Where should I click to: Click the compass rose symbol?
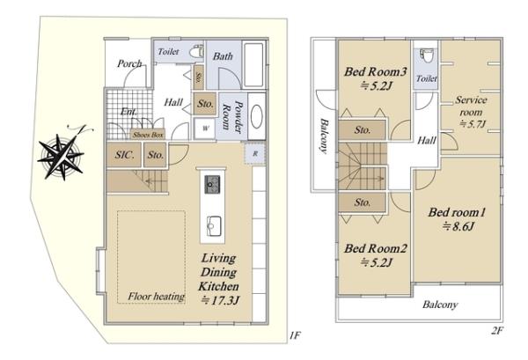click(62, 157)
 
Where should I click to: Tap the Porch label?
click(129, 63)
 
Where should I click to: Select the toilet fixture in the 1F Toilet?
click(196, 52)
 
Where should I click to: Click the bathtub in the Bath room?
click(253, 64)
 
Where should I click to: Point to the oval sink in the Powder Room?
click(257, 116)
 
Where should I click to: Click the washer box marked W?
click(205, 129)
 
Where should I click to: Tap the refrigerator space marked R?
click(255, 153)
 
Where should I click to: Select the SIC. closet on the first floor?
click(124, 155)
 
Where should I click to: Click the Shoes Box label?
click(148, 135)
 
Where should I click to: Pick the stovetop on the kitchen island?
click(212, 184)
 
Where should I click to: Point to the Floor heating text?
click(156, 297)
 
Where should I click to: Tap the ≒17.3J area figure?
click(220, 300)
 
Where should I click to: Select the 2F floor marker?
click(497, 331)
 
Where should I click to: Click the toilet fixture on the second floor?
click(428, 55)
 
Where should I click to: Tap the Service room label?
click(471, 106)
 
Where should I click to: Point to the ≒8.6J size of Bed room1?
click(458, 226)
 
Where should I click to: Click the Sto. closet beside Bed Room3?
click(362, 130)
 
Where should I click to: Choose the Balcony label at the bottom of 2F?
click(440, 305)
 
